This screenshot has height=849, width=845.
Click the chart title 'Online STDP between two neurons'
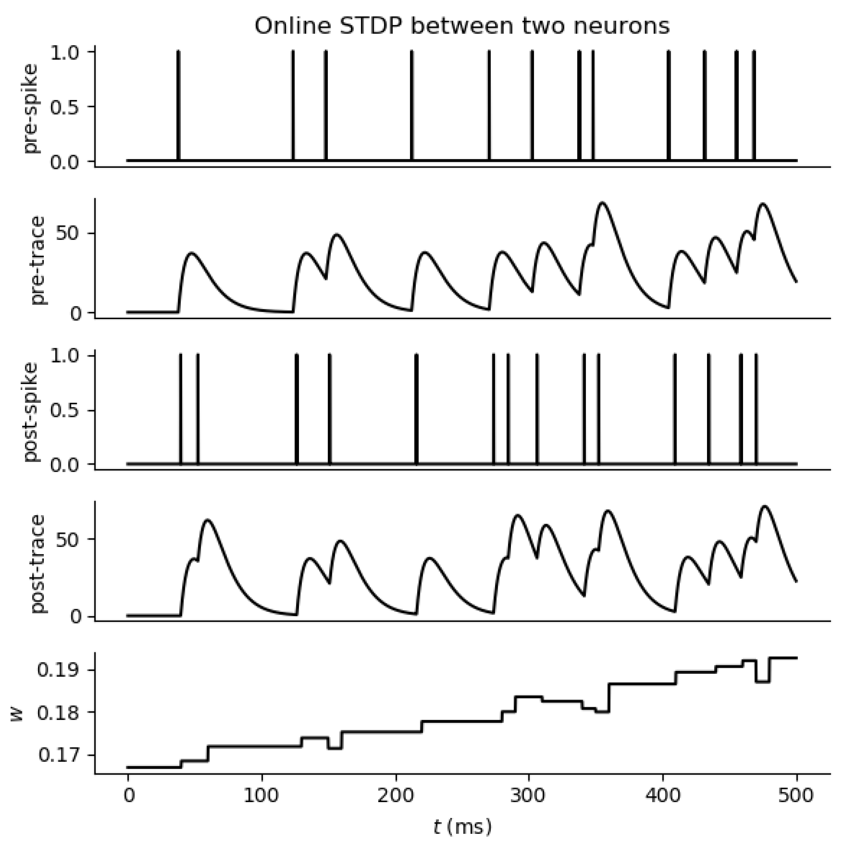(x=462, y=27)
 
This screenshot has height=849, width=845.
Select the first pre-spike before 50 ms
(x=178, y=105)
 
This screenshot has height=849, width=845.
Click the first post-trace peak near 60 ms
(x=207, y=520)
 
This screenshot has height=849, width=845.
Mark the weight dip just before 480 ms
(x=762, y=681)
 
